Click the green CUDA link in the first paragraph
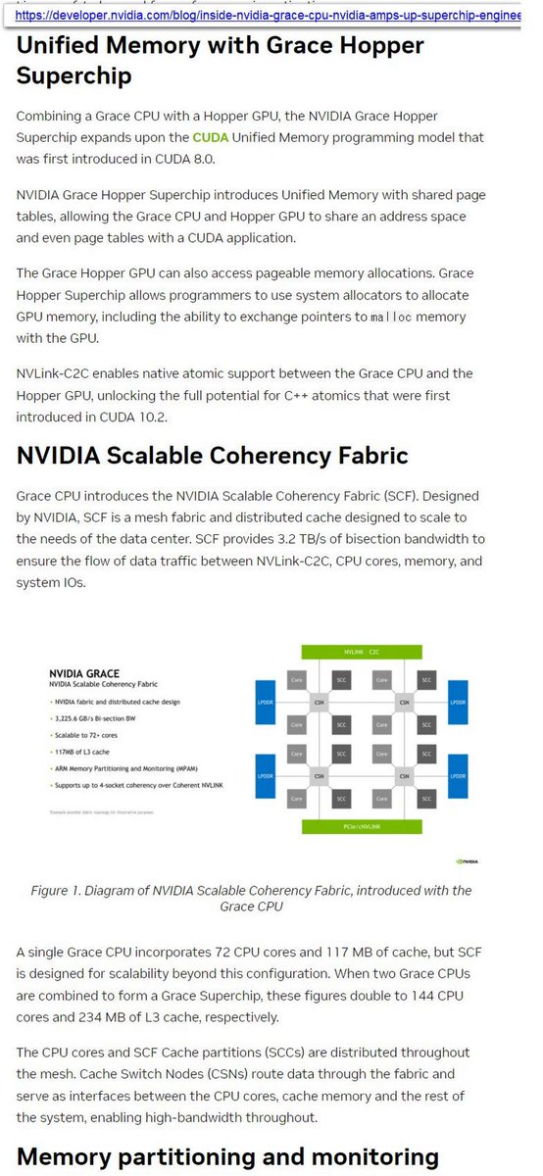click(210, 138)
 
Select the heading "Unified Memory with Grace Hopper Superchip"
click(220, 61)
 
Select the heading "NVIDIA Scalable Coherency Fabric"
click(212, 456)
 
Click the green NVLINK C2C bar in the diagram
click(362, 652)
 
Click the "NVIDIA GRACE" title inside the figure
click(84, 674)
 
